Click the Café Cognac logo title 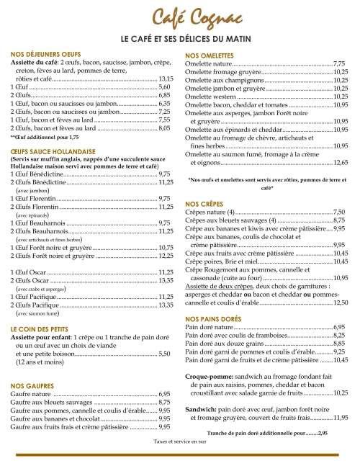coord(180,16)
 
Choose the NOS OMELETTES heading coord(212,55)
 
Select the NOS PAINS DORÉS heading coord(215,318)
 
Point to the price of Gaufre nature coord(164,394)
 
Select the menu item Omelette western coord(211,96)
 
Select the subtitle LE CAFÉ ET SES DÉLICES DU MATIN coord(180,37)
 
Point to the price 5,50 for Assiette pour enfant coord(164,352)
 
